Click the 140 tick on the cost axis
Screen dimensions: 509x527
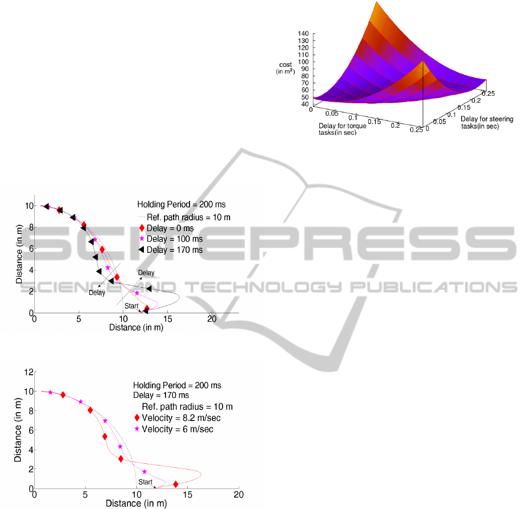pos(303,34)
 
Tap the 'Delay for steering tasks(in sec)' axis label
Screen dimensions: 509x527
pos(486,122)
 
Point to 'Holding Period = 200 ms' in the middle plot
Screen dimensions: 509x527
pos(175,204)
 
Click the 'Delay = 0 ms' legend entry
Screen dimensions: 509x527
pos(171,228)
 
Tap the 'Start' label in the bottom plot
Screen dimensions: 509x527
pos(145,482)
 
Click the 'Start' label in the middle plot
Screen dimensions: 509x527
pos(131,306)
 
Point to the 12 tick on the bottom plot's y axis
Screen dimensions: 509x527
pos(27,372)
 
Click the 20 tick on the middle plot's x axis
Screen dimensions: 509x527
pos(212,318)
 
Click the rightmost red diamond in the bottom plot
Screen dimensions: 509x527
pos(176,484)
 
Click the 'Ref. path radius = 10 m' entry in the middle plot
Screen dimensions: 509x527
pos(175,217)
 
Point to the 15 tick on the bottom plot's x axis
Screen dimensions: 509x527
pos(188,494)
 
